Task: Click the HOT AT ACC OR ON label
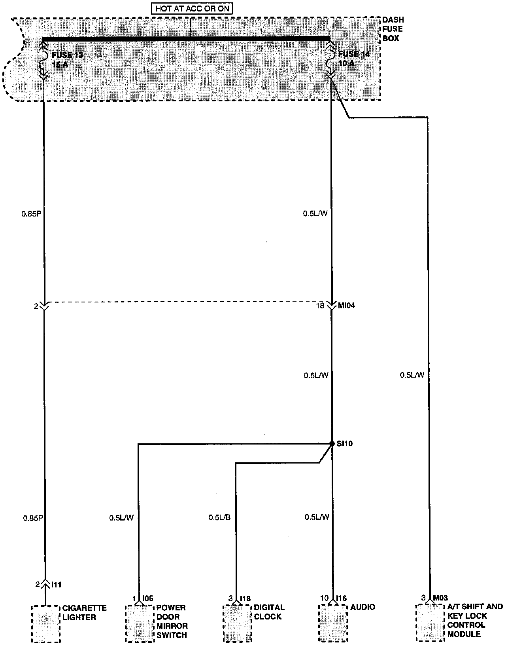tap(192, 8)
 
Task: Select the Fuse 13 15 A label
tap(67, 59)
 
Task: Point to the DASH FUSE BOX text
tap(393, 29)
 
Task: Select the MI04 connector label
tap(347, 306)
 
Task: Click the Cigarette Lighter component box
tap(45, 623)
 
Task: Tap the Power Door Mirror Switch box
tap(139, 623)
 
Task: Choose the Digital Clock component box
tap(236, 623)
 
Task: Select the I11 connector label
tap(56, 584)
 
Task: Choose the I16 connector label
tap(342, 598)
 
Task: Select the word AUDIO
tap(363, 607)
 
